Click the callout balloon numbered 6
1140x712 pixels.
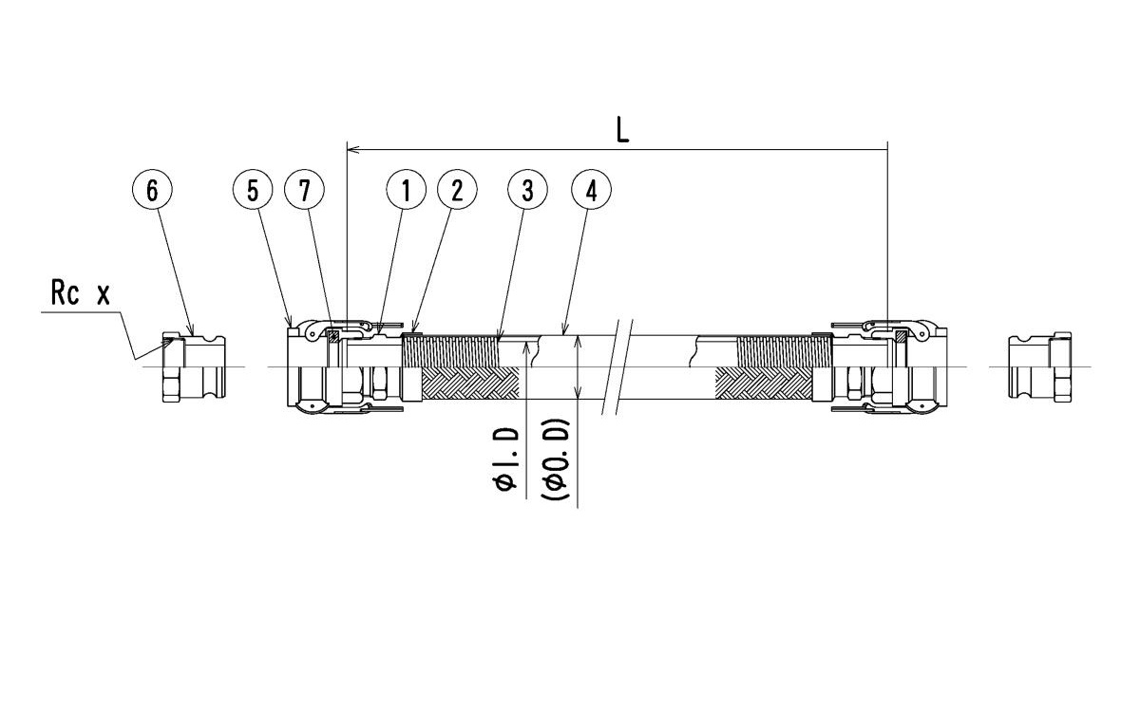pos(152,190)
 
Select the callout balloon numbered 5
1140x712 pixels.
pos(253,190)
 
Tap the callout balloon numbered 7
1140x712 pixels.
pos(305,190)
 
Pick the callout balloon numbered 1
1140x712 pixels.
pos(406,190)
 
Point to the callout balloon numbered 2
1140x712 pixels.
pos(457,190)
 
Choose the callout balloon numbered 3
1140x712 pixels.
pos(528,190)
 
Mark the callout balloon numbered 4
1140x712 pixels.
pos(591,190)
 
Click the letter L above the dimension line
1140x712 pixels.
pos(622,130)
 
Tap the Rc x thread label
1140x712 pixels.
pos(80,293)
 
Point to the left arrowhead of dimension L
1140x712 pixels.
pos(352,149)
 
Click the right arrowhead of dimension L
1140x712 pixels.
pos(883,149)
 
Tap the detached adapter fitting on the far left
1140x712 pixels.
pos(193,367)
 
